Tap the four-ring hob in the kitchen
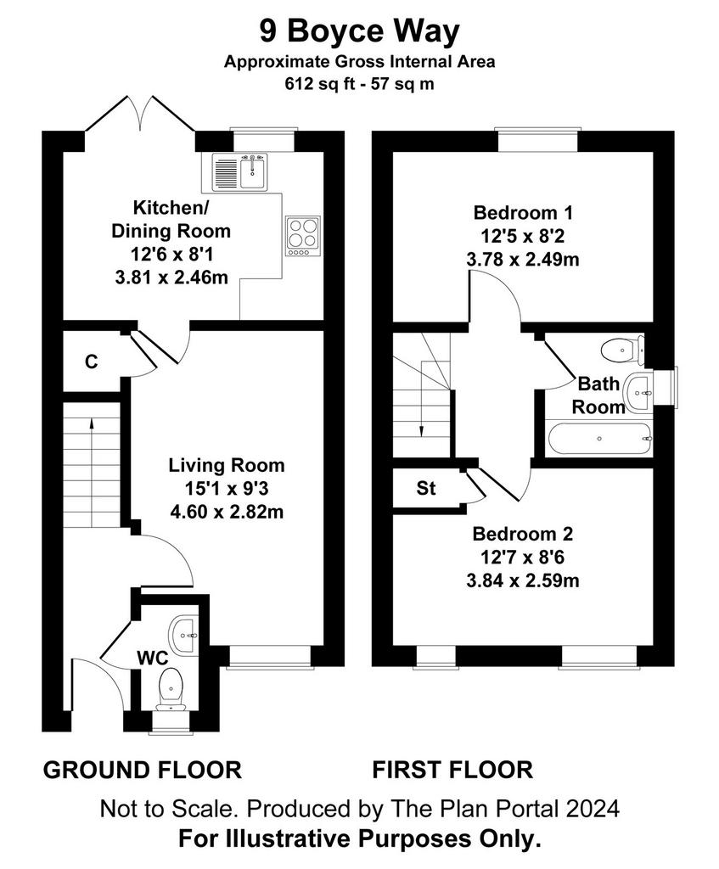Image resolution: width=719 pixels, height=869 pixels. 303,236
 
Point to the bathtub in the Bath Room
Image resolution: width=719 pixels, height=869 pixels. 600,439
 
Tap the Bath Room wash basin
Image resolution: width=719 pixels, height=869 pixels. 640,393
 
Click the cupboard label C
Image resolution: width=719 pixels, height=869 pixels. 92,362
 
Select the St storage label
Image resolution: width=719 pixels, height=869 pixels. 426,488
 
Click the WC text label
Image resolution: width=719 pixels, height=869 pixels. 153,658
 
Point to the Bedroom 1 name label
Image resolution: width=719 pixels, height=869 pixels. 523,212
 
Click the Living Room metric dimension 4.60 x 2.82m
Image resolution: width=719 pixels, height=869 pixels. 227,512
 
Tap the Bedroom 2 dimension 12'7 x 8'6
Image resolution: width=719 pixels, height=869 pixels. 523,558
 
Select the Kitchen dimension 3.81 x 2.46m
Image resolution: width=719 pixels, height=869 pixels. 171,278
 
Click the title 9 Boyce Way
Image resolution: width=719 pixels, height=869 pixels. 359,31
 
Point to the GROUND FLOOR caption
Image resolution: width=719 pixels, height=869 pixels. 143,771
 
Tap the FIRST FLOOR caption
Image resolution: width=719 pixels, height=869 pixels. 452,771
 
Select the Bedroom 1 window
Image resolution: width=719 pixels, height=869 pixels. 537,140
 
